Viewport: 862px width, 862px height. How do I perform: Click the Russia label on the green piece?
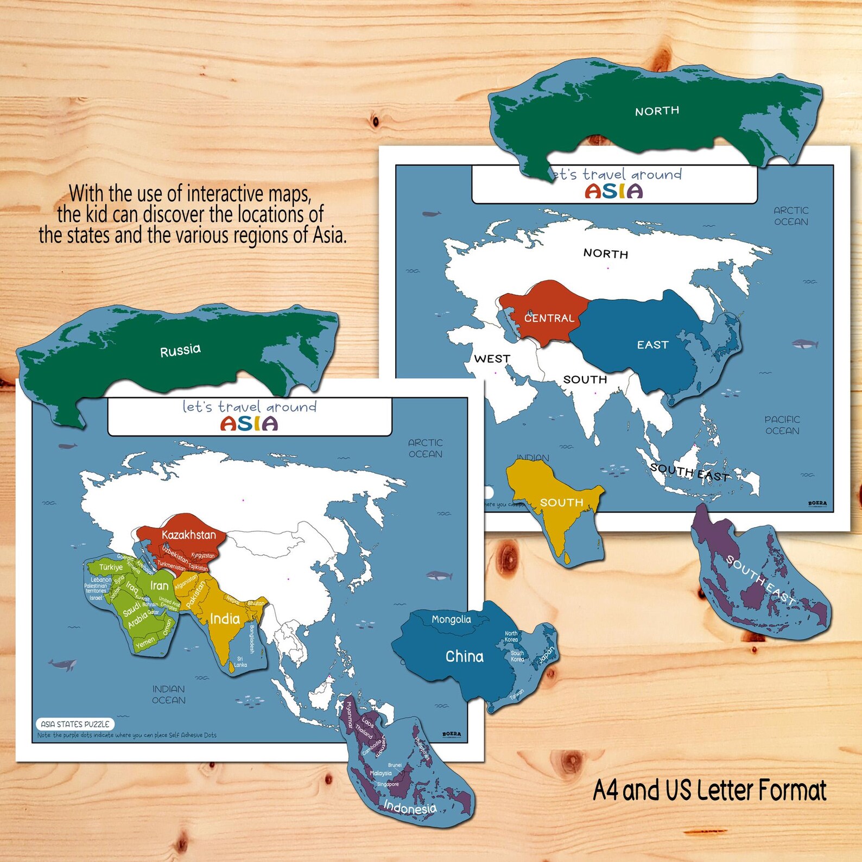point(180,350)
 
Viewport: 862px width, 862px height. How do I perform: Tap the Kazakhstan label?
point(188,535)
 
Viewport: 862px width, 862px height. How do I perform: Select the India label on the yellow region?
point(225,619)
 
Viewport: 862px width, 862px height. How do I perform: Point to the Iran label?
point(159,586)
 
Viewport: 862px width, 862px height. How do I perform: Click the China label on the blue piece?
point(464,657)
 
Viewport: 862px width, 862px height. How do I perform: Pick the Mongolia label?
point(451,619)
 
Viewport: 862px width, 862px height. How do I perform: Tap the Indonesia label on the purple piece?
point(410,808)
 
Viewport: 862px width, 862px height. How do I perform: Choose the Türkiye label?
point(111,567)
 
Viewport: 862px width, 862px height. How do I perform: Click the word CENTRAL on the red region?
point(549,318)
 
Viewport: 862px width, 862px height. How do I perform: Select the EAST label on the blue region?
point(652,345)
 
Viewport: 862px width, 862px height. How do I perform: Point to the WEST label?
point(492,359)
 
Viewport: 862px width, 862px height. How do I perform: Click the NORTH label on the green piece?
point(657,111)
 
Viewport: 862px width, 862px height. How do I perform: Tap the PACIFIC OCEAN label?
point(782,425)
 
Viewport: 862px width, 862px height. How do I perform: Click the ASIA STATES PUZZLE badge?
point(75,724)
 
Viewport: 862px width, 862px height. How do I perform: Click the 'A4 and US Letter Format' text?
point(709,790)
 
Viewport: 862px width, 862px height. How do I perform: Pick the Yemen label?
point(145,643)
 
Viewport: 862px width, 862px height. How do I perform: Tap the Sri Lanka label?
point(240,662)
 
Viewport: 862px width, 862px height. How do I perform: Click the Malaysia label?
point(381,773)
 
